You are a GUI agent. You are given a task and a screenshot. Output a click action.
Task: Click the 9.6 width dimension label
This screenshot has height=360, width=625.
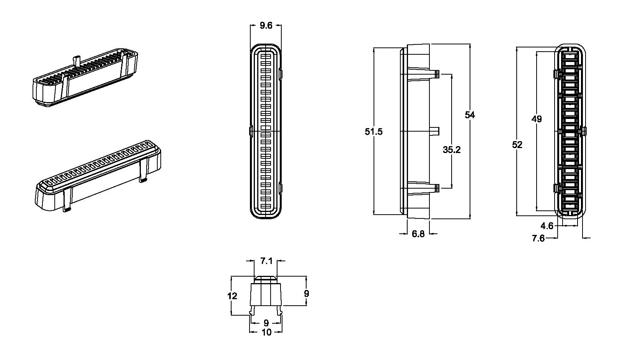click(266, 26)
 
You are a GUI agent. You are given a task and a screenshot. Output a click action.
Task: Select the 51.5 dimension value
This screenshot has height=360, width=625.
click(374, 132)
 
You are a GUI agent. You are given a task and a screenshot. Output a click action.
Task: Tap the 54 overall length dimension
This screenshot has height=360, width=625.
click(470, 115)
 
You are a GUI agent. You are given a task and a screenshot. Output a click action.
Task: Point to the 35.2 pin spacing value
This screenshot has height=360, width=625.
click(452, 150)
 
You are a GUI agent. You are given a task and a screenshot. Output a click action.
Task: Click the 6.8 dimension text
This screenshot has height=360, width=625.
click(418, 234)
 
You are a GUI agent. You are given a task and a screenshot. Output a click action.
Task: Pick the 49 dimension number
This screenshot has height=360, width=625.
click(537, 119)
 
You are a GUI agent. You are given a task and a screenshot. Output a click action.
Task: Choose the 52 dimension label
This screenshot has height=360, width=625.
click(517, 145)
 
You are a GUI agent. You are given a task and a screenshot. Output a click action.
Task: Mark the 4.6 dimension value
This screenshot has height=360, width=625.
click(547, 226)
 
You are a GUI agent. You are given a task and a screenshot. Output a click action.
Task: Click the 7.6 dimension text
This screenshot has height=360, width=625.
click(538, 238)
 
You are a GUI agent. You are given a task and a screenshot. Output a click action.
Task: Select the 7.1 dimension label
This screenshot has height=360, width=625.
click(266, 261)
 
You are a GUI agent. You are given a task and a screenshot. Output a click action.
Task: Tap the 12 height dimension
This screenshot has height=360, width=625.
click(232, 296)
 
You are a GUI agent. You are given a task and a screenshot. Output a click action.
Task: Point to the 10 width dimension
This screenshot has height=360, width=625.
click(266, 332)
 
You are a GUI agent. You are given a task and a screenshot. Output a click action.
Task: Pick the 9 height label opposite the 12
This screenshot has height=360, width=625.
click(306, 294)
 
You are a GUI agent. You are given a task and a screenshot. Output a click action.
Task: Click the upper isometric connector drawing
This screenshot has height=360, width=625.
click(84, 78)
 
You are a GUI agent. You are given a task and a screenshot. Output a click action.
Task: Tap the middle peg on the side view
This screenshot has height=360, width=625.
click(435, 132)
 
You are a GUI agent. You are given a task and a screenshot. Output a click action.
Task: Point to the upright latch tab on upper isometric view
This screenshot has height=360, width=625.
click(77, 61)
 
